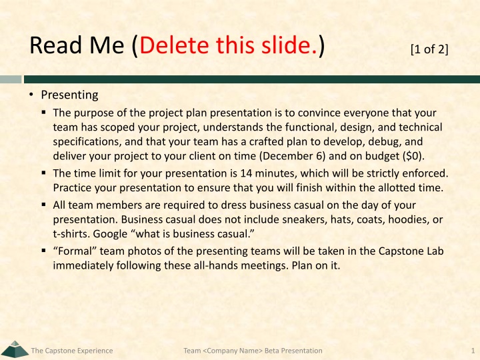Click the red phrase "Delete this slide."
[229, 45]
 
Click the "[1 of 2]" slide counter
[429, 49]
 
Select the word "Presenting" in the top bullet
[69, 95]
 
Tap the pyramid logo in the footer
[15, 349]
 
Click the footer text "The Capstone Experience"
[72, 351]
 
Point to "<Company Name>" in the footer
[233, 351]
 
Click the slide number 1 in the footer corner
[473, 351]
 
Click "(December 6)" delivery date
[293, 156]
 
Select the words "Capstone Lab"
[411, 251]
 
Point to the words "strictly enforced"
[406, 173]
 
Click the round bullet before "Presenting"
[31, 95]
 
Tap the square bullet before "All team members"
[44, 205]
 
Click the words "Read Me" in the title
[77, 45]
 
